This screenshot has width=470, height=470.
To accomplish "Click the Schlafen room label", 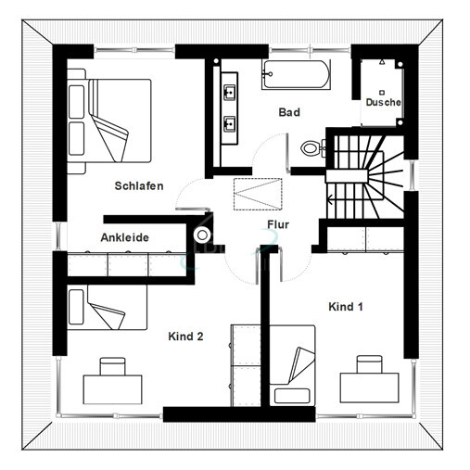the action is point(139,186).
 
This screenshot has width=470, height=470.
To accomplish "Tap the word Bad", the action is point(289,112).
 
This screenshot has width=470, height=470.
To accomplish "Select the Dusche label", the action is point(383,102).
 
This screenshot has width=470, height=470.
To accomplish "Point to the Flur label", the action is point(278,224).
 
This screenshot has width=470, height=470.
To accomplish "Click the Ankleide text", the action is point(125,237).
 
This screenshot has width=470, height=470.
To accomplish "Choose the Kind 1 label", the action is point(346,307).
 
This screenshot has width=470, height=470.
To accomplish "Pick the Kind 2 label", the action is point(185,337).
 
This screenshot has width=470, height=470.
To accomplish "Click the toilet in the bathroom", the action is point(312,148).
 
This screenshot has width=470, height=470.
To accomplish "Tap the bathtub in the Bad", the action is point(296,75).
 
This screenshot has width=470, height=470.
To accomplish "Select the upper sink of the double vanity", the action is point(229,92).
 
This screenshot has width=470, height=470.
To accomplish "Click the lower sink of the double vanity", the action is point(229,123).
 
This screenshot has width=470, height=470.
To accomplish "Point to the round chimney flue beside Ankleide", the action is point(202,235).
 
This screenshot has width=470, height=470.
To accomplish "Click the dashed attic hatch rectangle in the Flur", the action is point(258,194).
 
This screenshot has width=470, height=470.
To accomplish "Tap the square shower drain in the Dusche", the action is point(382,93).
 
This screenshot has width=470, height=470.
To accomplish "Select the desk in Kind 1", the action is point(370,387).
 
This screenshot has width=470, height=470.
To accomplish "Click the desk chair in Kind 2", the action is point(113,366).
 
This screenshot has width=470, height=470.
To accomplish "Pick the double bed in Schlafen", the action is point(109,121).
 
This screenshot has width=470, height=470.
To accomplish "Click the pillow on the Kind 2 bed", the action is point(76,307).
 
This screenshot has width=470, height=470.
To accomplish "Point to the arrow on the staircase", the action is point(330,200).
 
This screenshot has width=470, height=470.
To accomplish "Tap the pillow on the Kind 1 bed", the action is point(292,396).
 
